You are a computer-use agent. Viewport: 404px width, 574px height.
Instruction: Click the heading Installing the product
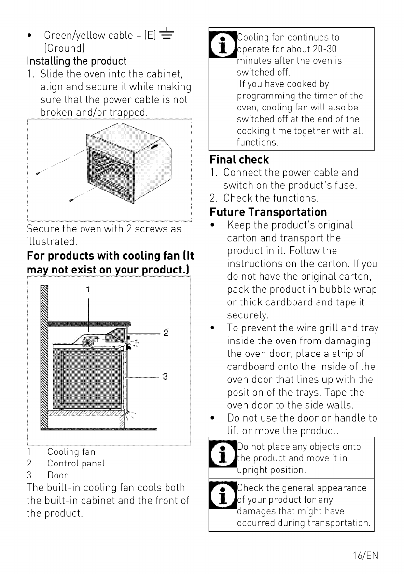click(77, 61)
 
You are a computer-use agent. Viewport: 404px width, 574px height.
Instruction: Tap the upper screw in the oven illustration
click(37, 173)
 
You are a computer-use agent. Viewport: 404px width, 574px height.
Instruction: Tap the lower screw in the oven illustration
click(71, 200)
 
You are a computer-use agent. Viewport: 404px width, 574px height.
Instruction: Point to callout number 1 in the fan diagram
click(88, 289)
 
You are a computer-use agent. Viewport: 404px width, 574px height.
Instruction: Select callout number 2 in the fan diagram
click(166, 333)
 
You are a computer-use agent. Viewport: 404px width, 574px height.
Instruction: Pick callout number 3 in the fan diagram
click(165, 376)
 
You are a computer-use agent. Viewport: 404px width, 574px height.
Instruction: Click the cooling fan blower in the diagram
click(88, 342)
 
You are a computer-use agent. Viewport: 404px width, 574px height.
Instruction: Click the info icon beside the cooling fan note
click(223, 45)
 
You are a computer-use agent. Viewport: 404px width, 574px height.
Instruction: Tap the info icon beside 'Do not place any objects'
click(223, 454)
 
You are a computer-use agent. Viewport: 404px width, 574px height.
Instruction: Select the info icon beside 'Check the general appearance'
click(223, 495)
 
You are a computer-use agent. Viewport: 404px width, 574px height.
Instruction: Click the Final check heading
click(239, 160)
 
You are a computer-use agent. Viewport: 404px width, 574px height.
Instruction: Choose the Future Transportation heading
click(268, 212)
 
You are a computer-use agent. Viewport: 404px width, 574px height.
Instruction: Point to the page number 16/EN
click(365, 555)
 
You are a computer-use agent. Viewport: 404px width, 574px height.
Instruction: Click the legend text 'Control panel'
click(76, 464)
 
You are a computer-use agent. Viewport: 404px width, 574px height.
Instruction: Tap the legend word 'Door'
click(57, 475)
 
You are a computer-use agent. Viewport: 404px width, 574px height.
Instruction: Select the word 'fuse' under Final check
click(344, 185)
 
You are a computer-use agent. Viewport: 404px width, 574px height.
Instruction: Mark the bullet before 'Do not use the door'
click(212, 418)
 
